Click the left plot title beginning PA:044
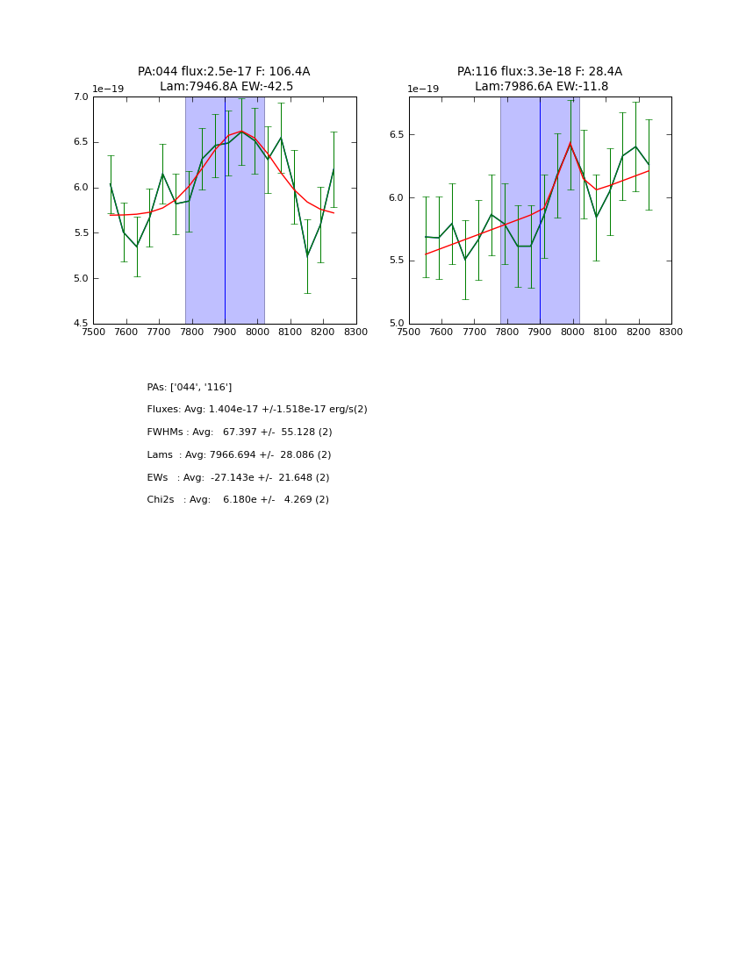224,72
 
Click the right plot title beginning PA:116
539,72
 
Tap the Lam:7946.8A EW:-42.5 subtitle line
226,87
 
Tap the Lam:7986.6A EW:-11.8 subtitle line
542,87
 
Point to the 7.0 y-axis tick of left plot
80,97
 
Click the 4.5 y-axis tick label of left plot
80,324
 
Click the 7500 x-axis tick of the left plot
93,332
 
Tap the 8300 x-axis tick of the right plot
671,332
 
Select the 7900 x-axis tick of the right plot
540,332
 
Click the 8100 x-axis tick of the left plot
291,332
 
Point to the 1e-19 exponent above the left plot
108,89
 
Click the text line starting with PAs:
190,388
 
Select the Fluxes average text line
257,410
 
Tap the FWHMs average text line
240,432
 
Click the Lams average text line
239,455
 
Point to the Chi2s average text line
238,500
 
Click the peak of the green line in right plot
570,143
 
